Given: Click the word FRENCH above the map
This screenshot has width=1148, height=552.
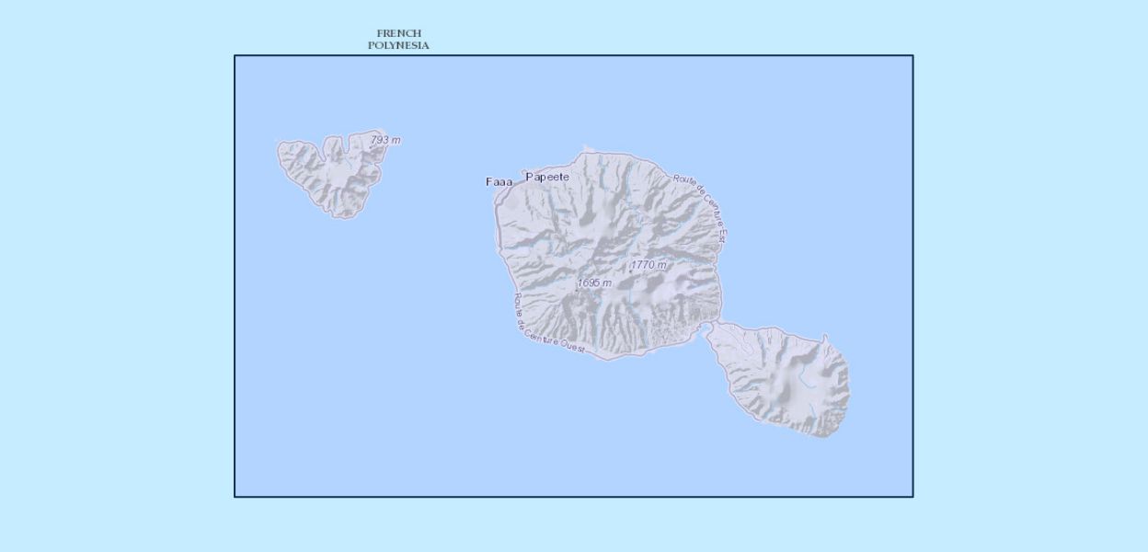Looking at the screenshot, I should [x=398, y=33].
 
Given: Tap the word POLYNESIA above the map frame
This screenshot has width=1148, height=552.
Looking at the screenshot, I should [x=398, y=45].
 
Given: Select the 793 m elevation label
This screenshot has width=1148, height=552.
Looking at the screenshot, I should [x=385, y=140].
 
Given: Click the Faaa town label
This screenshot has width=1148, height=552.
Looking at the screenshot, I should [x=499, y=182].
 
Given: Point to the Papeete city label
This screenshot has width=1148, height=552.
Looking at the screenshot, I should [x=547, y=177].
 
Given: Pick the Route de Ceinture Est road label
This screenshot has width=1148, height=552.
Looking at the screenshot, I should [x=700, y=207].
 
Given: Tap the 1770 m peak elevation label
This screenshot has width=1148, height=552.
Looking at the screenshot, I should [x=649, y=265].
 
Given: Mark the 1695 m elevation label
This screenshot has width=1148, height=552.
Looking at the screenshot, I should [x=594, y=282].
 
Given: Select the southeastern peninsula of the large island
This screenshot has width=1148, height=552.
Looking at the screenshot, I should [x=783, y=377].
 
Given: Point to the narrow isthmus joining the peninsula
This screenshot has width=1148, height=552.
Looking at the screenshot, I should [x=714, y=324].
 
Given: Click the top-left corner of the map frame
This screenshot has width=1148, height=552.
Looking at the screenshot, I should [x=235, y=55].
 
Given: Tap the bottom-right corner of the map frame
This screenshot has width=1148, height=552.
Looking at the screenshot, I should [x=913, y=497].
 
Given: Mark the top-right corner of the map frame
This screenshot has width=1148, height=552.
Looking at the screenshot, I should [x=913, y=55].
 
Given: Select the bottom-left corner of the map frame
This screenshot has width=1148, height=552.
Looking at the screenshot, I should [x=235, y=497].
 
